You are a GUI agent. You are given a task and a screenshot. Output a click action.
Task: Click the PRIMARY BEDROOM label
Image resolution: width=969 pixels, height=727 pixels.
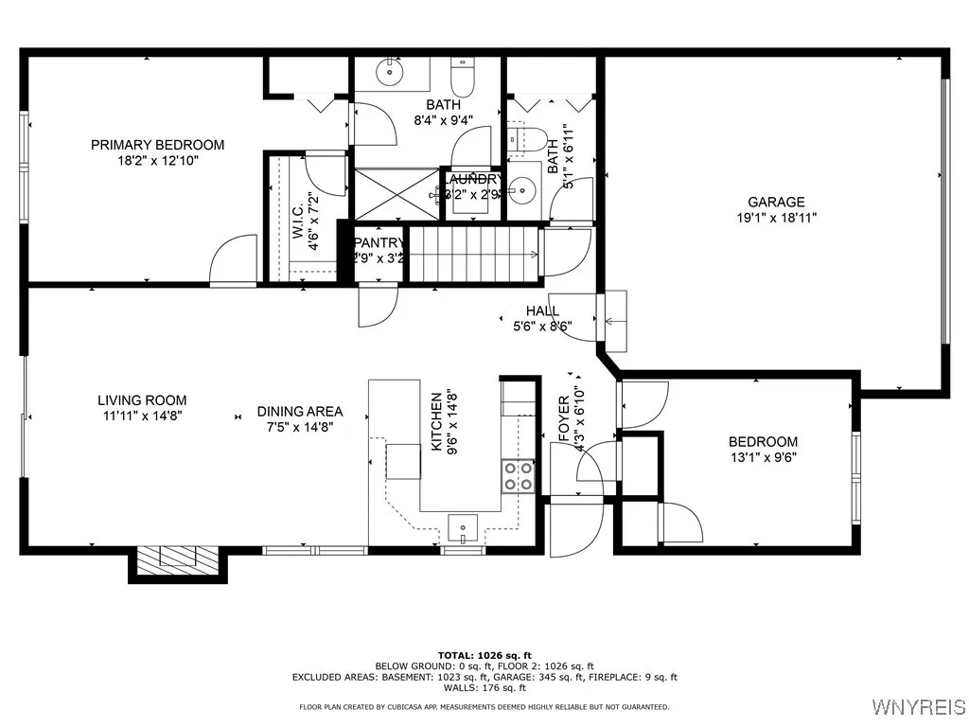point(157,145)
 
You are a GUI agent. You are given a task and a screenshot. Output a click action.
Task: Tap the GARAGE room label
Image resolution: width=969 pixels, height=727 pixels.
point(776,202)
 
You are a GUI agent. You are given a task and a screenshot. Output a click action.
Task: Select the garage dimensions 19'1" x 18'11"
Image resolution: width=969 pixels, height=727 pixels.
point(776,217)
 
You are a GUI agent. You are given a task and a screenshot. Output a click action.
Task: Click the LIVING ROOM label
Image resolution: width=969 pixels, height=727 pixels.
point(142,400)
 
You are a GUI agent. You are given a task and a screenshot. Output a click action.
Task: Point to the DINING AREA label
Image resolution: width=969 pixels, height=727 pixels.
point(300,412)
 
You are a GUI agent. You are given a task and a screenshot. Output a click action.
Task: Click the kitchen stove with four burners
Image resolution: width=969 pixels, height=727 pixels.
point(518,475)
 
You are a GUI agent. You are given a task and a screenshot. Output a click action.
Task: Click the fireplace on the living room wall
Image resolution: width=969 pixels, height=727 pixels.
point(177,562)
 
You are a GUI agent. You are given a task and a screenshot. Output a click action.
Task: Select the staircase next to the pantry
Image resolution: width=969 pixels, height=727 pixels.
point(473,255)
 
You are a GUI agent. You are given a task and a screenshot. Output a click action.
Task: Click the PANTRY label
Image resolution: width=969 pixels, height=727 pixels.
point(379,242)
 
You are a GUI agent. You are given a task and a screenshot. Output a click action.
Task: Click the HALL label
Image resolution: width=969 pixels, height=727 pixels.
point(542,310)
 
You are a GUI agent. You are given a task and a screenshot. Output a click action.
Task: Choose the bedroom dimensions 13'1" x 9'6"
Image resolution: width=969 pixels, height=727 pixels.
point(763,457)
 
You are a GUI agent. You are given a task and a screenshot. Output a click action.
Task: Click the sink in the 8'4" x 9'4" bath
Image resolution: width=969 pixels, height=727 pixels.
point(389,70)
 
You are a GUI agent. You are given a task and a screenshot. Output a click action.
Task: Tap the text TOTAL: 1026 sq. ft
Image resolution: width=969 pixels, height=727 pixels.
point(484,655)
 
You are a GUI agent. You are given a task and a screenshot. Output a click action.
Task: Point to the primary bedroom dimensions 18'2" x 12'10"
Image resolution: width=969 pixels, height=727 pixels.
point(157,161)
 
